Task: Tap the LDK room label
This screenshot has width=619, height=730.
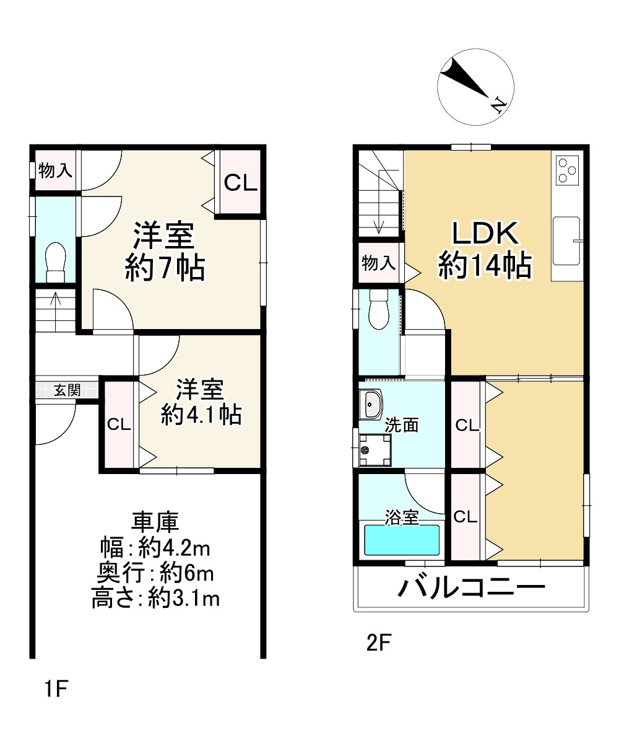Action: pos(485,233)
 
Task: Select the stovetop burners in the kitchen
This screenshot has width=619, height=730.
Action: pos(568,170)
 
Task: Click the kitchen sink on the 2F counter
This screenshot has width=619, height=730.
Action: pos(566,240)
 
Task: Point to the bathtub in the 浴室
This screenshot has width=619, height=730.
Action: pos(402,540)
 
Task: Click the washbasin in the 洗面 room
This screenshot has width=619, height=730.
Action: pos(371,404)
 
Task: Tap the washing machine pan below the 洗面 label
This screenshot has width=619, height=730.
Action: pos(375,450)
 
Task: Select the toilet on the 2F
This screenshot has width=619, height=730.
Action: pos(379,310)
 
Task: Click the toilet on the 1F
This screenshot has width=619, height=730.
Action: pos(56,263)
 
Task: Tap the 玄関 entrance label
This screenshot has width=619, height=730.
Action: pos(67,390)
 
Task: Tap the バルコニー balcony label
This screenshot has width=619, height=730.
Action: pos(471,587)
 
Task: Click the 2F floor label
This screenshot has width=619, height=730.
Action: pos(379,643)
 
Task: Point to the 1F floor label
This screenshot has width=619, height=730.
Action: pos(56,688)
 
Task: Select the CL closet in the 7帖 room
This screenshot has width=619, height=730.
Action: pos(240,182)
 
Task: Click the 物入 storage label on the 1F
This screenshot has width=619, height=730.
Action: pos(55,170)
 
